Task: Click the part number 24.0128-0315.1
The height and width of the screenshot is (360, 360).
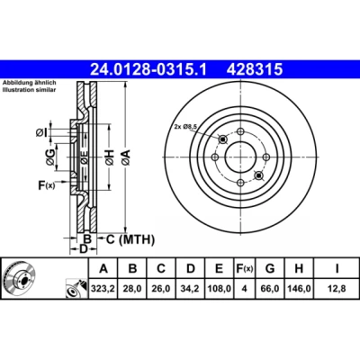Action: pyautogui.click(x=148, y=70)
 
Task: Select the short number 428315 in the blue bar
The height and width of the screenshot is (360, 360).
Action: pyautogui.click(x=255, y=70)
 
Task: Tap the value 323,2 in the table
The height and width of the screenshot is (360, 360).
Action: pyautogui.click(x=103, y=289)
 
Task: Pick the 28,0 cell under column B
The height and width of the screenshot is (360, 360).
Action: pyautogui.click(x=132, y=289)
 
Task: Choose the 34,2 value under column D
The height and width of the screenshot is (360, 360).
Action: pyautogui.click(x=191, y=289)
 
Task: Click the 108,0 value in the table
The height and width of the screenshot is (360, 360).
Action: pyautogui.click(x=220, y=289)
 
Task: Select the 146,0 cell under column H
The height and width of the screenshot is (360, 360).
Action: pyautogui.click(x=299, y=289)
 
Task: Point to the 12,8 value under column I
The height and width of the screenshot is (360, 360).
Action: pyautogui.click(x=337, y=289)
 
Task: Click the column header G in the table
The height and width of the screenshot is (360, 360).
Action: pyautogui.click(x=270, y=268)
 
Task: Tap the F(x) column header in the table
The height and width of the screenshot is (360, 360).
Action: pyautogui.click(x=245, y=268)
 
